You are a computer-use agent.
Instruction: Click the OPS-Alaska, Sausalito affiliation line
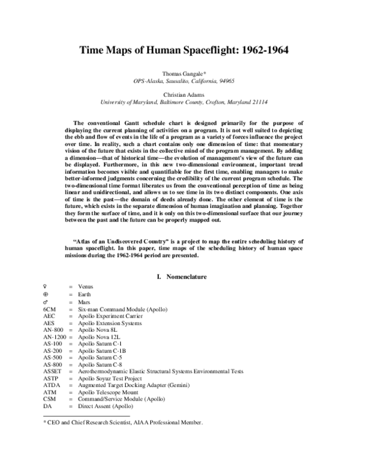[x=183, y=80]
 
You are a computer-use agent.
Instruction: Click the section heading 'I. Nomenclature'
[x=183, y=277]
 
